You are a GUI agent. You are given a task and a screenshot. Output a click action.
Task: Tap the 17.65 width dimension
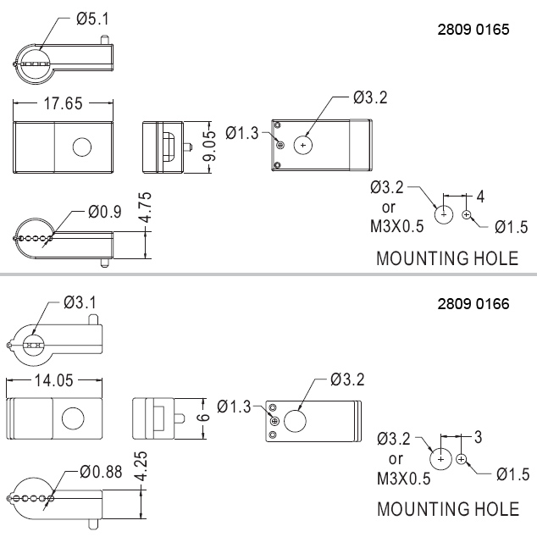tap(63, 104)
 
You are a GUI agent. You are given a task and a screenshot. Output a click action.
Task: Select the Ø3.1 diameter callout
tap(80, 302)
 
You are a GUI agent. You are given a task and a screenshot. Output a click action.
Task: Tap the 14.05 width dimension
tap(56, 379)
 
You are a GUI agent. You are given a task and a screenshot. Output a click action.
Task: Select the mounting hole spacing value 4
tap(480, 197)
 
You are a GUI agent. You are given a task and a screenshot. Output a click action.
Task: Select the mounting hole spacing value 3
tap(479, 437)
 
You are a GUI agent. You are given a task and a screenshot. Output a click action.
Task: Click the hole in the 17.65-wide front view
tap(82, 147)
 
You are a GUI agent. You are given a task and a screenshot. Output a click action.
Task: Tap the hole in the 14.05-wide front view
tap(73, 418)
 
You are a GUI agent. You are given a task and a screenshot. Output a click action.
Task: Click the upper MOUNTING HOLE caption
tap(446, 258)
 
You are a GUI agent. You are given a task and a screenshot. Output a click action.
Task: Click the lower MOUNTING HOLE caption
tap(447, 509)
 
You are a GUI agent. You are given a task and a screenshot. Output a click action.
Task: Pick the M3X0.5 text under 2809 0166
tap(403, 479)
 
